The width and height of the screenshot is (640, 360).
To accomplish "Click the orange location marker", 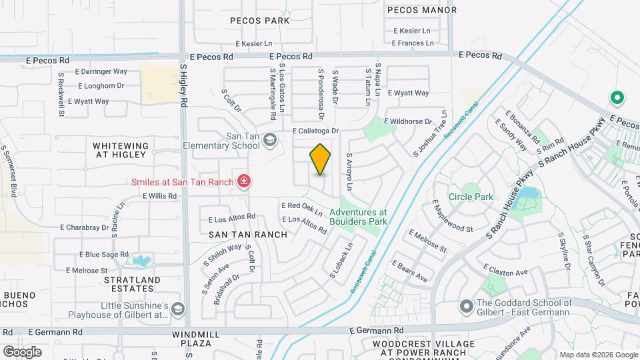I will tap(320, 159).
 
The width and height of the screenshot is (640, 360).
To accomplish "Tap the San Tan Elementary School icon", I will tap(269, 139).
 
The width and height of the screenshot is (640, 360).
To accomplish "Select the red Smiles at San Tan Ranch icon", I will tap(244, 181).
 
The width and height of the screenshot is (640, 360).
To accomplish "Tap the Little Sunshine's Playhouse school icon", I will tap(178, 309).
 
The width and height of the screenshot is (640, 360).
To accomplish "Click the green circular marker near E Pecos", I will tap(617, 99).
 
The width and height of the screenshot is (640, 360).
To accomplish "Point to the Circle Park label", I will tap(471, 197).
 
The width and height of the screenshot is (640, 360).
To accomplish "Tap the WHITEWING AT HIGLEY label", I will tap(119, 150).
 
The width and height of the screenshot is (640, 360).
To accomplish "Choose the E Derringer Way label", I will tap(101, 71).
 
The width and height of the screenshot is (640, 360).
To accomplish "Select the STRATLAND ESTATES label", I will tap(132, 285).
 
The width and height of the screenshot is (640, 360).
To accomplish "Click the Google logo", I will tap(22, 351).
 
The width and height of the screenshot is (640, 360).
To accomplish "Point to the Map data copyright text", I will tap(597, 355).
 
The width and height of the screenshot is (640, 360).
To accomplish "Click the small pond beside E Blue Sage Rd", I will tap(141, 259).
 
